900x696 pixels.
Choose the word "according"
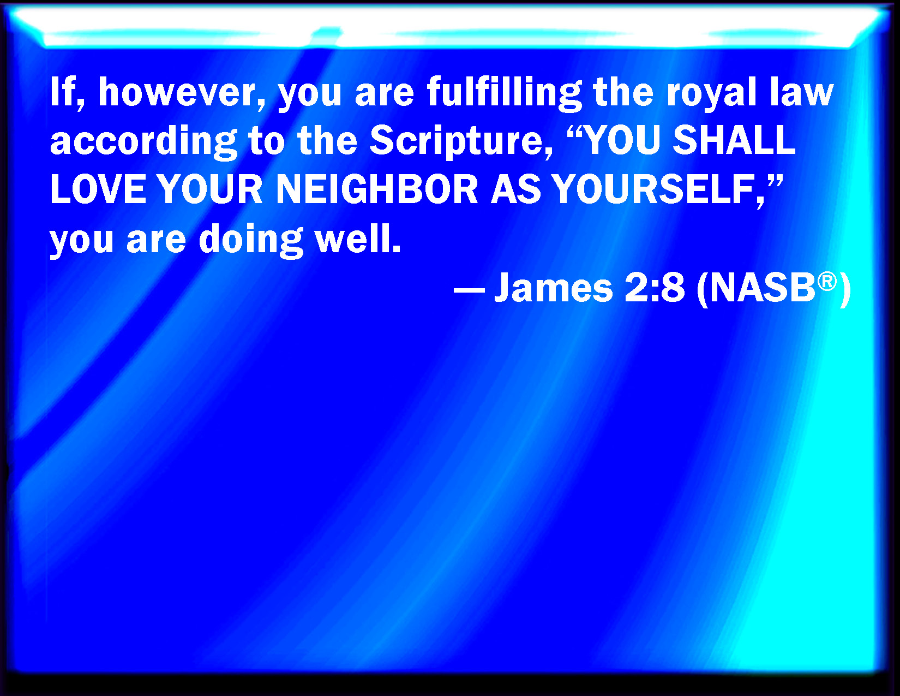point(143,142)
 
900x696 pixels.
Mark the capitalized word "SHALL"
point(734,140)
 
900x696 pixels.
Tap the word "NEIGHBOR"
point(377,189)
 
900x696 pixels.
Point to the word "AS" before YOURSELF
point(515,189)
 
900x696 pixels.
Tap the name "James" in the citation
point(554,288)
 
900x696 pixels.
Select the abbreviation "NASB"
point(763,288)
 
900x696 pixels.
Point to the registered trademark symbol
point(827,282)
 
